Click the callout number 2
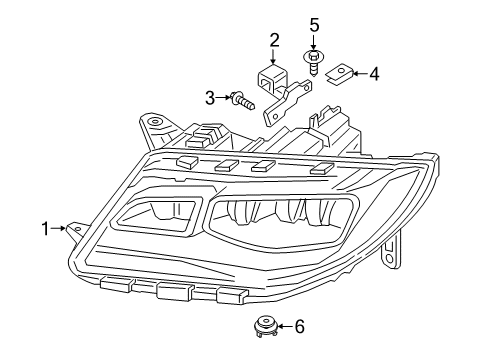click(274, 40)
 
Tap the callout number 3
click(211, 97)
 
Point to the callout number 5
click(313, 24)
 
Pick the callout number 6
click(298, 326)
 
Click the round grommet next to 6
click(266, 326)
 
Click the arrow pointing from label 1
click(61, 229)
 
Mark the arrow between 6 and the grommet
click(284, 326)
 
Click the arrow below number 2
click(274, 57)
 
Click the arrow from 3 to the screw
click(224, 97)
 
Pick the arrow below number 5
click(313, 43)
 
